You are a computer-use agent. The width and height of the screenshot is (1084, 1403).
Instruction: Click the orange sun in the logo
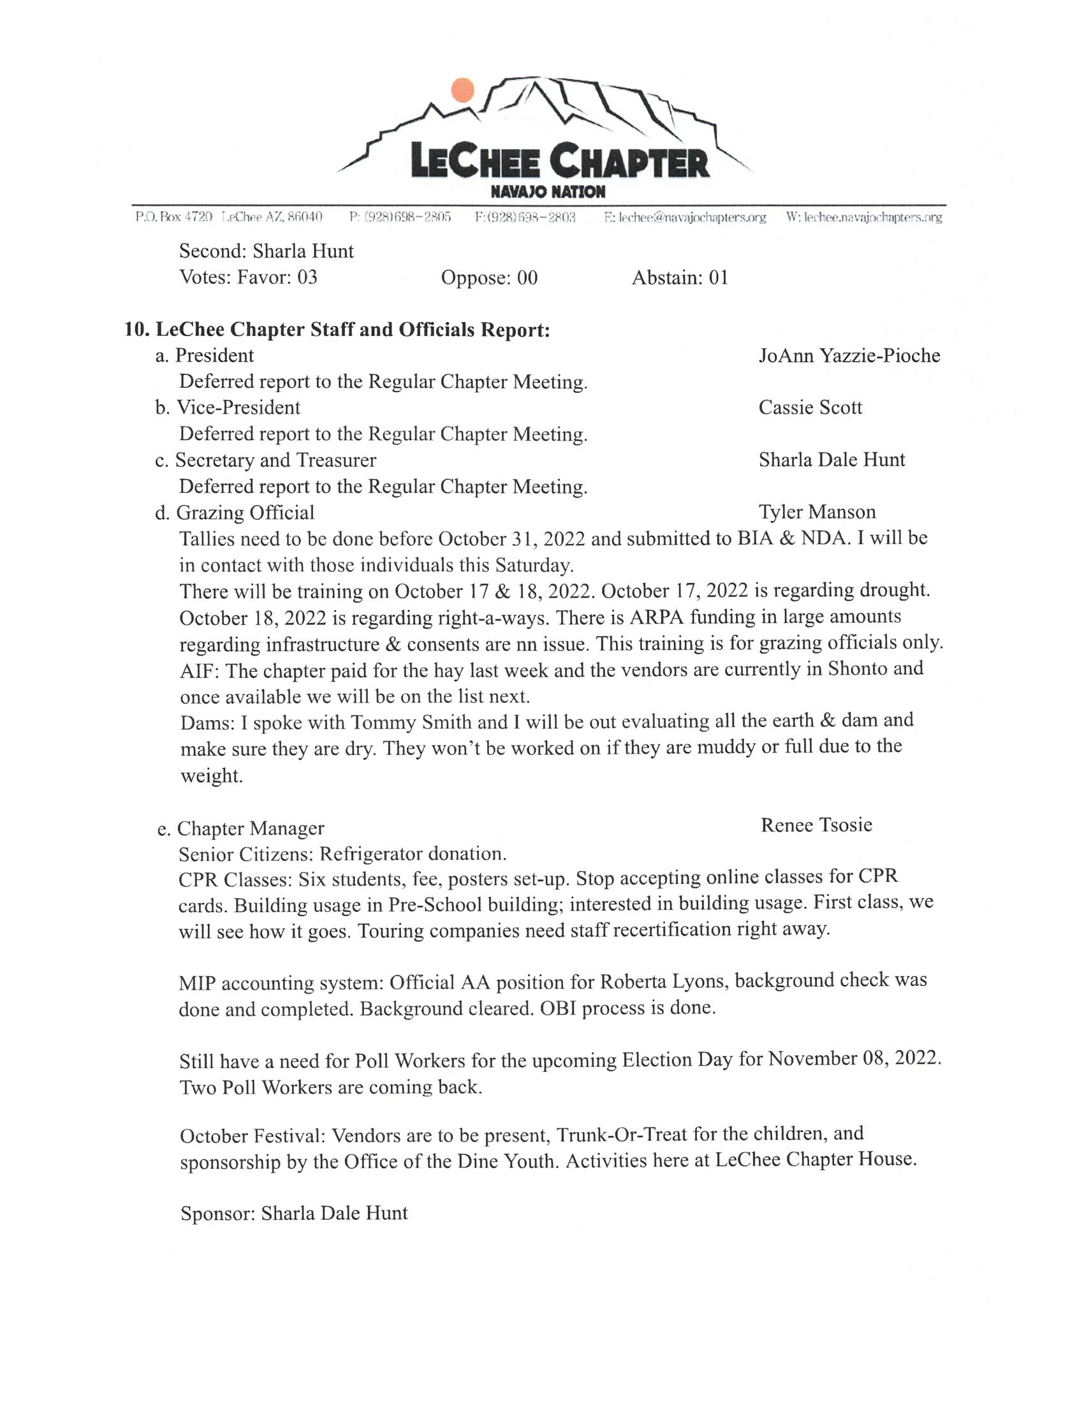462,91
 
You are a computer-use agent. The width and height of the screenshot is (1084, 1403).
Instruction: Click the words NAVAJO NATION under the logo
547,192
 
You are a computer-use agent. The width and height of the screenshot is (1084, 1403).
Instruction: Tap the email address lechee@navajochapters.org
685,217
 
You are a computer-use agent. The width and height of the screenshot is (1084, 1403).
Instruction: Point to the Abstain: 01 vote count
680,277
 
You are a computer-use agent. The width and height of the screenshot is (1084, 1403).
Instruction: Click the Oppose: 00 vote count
489,277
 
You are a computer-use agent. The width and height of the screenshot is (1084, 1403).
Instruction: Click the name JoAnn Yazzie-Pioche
849,356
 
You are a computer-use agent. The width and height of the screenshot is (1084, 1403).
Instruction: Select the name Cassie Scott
810,408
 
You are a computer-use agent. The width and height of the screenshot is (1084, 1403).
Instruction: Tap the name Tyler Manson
817,512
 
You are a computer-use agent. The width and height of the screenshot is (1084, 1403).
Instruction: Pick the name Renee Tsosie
816,825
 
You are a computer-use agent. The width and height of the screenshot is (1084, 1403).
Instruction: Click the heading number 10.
137,330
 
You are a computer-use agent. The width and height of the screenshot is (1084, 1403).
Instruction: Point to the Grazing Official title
245,513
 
